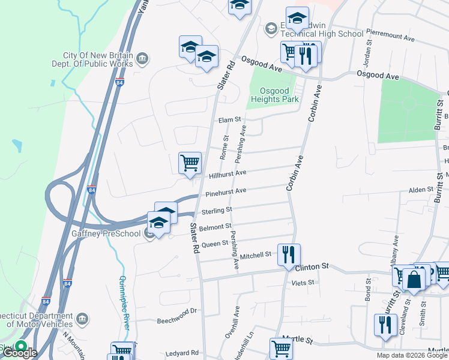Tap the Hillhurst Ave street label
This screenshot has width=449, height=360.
(x=228, y=173)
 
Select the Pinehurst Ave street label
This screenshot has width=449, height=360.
(x=226, y=192)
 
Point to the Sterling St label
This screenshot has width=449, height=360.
(x=216, y=210)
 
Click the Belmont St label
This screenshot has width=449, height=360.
(x=215, y=227)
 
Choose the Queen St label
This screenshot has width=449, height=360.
(x=214, y=244)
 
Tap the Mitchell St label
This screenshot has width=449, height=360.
(x=256, y=256)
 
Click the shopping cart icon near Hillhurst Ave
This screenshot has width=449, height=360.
(x=190, y=163)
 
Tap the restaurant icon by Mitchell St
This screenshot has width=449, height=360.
(x=289, y=254)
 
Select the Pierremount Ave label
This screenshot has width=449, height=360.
(x=390, y=37)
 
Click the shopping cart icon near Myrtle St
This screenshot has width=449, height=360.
(x=280, y=349)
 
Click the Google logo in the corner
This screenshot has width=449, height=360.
(x=20, y=353)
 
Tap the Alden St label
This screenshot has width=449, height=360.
(x=421, y=189)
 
